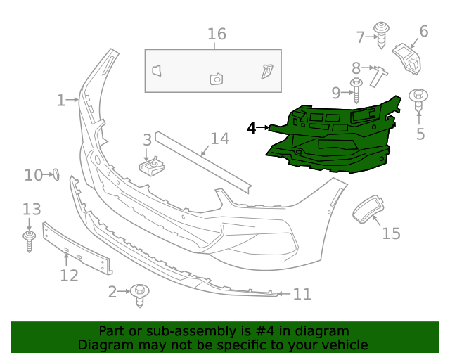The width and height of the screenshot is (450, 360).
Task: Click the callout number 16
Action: point(217,34)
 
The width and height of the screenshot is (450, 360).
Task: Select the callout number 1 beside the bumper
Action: point(61,100)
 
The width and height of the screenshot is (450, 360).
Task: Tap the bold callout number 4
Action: point(252,128)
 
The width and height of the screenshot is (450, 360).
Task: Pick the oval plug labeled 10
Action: point(55,174)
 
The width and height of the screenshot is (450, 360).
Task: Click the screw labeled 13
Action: point(29,239)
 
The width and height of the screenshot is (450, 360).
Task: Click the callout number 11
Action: point(302,295)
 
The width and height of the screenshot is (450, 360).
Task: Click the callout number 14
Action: point(219,139)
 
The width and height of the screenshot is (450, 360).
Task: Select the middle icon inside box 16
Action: point(217,79)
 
